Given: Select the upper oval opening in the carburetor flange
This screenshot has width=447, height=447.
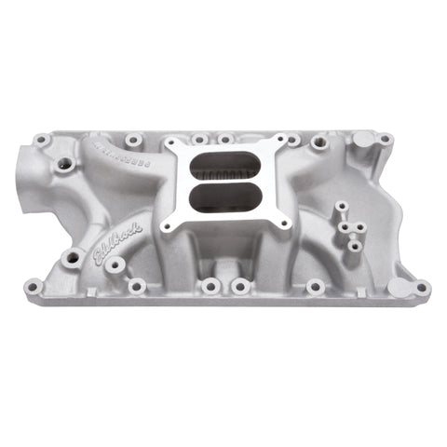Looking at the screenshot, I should point(225,169).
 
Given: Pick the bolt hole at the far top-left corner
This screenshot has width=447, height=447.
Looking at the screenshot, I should point(42,141).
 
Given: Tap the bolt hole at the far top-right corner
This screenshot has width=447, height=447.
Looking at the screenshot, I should point(384,140).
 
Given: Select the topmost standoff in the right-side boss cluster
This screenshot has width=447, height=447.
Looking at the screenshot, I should point(342,206).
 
